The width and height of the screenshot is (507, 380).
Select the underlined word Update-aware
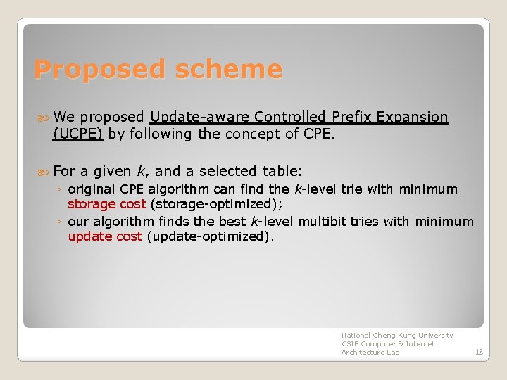coord(200,117)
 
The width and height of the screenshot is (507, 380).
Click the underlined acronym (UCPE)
coord(78,134)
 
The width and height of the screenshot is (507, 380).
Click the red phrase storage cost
coord(107,204)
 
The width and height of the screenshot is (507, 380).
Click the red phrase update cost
coord(105,236)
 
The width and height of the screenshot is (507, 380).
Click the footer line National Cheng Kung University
coord(397,336)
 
